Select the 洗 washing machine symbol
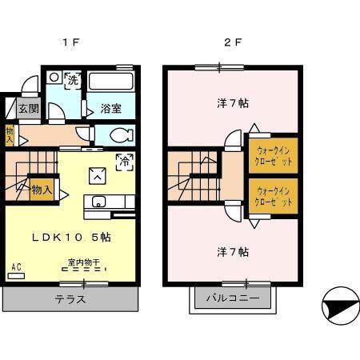pyautogui.click(x=72, y=80)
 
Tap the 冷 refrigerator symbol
pyautogui.click(x=125, y=161)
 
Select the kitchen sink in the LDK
pyautogui.click(x=100, y=201)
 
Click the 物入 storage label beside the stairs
pyautogui.click(x=42, y=190)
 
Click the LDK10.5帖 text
pyautogui.click(x=71, y=238)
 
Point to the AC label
pyautogui.click(x=16, y=268)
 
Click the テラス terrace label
pyautogui.click(x=70, y=300)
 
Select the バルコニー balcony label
pyautogui.click(x=233, y=300)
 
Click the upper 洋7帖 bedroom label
pyautogui.click(x=232, y=103)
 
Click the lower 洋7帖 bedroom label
pyautogui.click(x=232, y=251)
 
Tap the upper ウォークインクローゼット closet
pyautogui.click(x=274, y=154)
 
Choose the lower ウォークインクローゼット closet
pyautogui.click(x=274, y=196)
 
